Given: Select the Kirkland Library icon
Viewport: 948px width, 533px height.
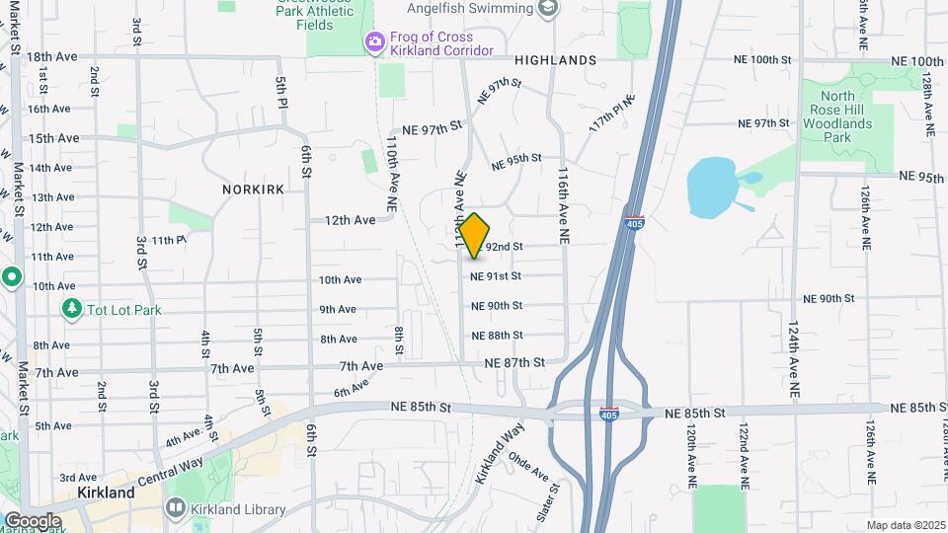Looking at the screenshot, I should coord(175,508).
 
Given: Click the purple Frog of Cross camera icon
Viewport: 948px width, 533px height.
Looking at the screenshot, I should coord(374,42).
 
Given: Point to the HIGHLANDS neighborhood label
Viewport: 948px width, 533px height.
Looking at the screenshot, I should coord(555,60).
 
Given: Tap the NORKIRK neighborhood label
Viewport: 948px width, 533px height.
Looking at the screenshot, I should coord(255,189).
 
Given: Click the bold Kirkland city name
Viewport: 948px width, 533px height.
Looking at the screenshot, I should coord(106,492).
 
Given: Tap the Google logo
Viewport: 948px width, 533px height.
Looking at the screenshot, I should coord(32,521).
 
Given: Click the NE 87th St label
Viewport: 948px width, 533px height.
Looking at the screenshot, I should coord(514,363).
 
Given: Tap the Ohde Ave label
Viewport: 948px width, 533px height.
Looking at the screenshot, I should coord(528,467).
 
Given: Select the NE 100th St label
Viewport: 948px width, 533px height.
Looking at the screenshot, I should coord(762,59).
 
